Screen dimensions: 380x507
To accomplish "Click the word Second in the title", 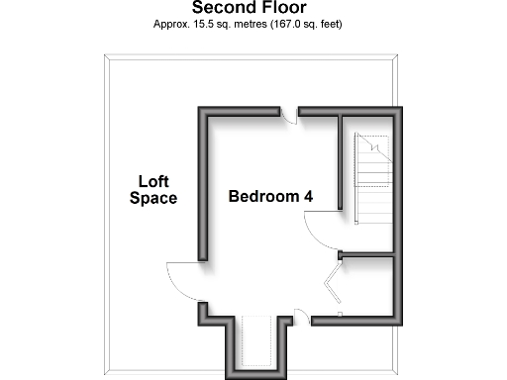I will point(221,9).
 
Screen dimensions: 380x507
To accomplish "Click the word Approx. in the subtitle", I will point(171,24).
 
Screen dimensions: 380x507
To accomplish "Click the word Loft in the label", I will point(153,181).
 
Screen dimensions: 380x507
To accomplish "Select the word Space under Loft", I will point(153,198).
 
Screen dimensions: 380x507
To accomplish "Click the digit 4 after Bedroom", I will point(309,196).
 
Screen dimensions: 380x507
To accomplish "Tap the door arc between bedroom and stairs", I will point(322,233).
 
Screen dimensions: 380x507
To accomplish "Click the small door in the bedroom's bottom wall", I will point(300,317).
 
